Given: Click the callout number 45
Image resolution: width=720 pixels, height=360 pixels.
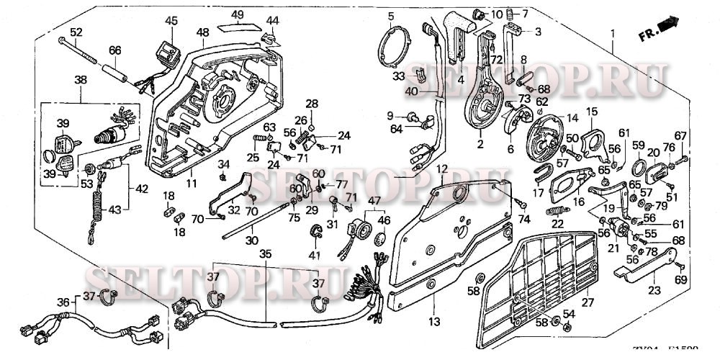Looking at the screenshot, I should [171, 21].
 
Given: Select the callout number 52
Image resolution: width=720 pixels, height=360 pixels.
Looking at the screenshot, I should [76, 32].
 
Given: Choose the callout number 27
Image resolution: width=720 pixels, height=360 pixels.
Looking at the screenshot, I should [588, 302].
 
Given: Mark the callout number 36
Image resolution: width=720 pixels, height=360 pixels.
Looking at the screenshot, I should [63, 302].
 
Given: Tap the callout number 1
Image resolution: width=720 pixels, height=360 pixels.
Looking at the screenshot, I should [613, 34].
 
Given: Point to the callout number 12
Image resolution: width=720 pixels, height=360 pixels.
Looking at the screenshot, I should [441, 168].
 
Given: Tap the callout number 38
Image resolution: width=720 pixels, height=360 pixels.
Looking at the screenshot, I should [80, 81].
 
